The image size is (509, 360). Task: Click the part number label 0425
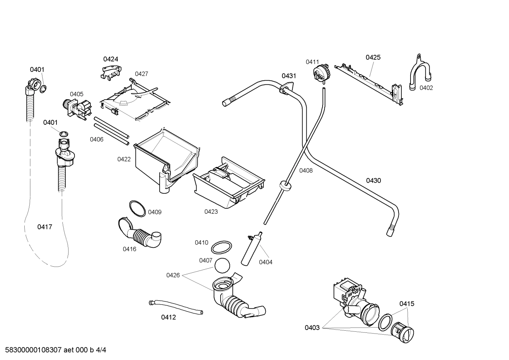click(x=373, y=57)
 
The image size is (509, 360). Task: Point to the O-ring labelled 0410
click(x=221, y=247)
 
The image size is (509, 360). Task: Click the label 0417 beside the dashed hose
click(x=45, y=227)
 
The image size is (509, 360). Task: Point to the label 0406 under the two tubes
click(x=96, y=139)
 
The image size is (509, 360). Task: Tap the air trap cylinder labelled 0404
click(x=251, y=249)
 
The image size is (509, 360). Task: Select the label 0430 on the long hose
click(x=373, y=181)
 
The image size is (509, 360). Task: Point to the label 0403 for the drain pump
click(x=312, y=327)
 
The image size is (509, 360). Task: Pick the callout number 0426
click(x=173, y=275)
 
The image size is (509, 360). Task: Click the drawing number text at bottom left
click(x=53, y=350)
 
